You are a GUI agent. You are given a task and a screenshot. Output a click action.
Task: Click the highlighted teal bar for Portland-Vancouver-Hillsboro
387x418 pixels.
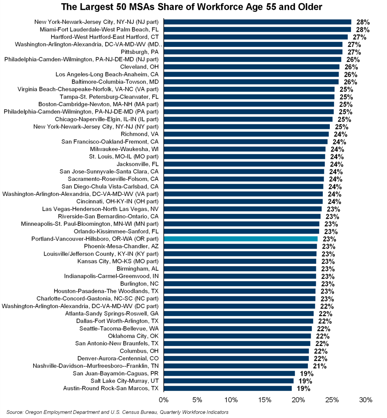point(241,239)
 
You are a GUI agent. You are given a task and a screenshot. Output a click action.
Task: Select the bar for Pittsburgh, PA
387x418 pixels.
point(253,52)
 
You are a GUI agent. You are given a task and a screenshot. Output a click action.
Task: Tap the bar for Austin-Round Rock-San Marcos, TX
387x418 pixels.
point(228,388)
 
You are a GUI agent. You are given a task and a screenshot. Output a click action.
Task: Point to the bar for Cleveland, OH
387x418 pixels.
point(252,67)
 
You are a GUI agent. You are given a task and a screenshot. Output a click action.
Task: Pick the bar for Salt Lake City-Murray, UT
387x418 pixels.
point(229,381)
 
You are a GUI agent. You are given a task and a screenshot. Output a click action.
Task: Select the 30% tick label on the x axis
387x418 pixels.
point(366,400)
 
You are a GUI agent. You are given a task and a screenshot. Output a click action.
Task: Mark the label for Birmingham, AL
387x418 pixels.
point(138,268)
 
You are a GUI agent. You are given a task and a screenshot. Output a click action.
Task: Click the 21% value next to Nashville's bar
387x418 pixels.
point(317,366)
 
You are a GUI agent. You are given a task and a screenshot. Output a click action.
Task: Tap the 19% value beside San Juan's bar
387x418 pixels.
point(304,373)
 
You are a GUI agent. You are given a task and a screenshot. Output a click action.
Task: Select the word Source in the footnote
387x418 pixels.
point(14,412)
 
